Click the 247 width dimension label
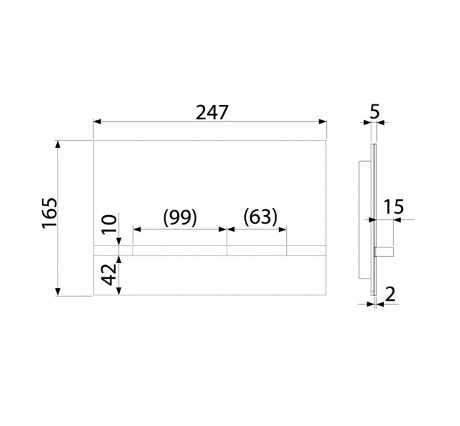tap(212, 112)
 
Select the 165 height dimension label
tap(49, 213)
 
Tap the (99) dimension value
tap(180, 218)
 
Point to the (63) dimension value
tap(260, 217)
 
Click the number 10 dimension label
tap(109, 224)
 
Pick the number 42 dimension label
tap(108, 275)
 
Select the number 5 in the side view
tap(374, 112)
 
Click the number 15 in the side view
tap(394, 207)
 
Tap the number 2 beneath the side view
tap(390, 294)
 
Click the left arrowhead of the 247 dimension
tap(97, 122)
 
